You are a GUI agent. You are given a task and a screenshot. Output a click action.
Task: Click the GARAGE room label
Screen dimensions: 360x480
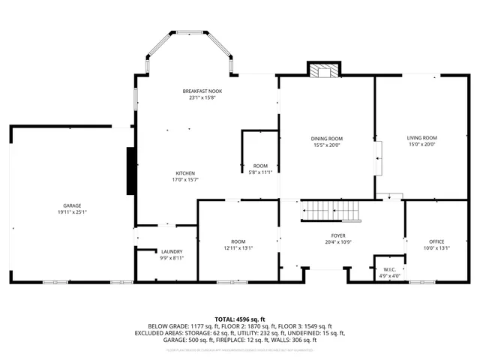(x=72, y=205)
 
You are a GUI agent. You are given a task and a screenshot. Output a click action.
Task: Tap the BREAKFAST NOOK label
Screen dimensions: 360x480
(x=202, y=91)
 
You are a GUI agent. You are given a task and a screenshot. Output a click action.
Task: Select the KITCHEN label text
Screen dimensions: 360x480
(x=185, y=173)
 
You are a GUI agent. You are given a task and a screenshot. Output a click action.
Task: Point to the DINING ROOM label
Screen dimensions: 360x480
(x=327, y=139)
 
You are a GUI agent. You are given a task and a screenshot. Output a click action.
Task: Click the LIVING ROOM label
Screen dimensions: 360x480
(x=421, y=138)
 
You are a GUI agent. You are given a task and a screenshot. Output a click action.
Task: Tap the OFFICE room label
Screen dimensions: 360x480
(x=436, y=241)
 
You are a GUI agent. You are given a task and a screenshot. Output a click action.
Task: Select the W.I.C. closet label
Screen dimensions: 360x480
(x=389, y=269)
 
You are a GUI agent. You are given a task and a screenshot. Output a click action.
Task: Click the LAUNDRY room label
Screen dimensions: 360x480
(x=172, y=251)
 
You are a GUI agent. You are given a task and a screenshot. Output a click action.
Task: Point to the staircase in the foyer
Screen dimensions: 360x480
(x=331, y=211)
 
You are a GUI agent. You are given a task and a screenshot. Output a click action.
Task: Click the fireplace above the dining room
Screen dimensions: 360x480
(x=324, y=70)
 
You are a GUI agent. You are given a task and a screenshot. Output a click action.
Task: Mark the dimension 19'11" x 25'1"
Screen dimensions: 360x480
(x=72, y=212)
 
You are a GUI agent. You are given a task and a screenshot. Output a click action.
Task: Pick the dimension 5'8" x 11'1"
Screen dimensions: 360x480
(x=260, y=172)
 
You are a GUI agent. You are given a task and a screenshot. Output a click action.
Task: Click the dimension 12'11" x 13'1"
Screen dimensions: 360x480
(x=238, y=248)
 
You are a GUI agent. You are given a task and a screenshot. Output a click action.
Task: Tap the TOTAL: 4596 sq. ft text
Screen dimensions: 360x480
(x=240, y=319)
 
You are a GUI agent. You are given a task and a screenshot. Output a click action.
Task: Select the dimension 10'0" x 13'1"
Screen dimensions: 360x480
(x=436, y=248)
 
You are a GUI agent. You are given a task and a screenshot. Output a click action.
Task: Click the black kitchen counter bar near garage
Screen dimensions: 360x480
(x=131, y=171)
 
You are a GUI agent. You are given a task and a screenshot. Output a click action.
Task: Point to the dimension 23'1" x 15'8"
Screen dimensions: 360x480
(x=202, y=97)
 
